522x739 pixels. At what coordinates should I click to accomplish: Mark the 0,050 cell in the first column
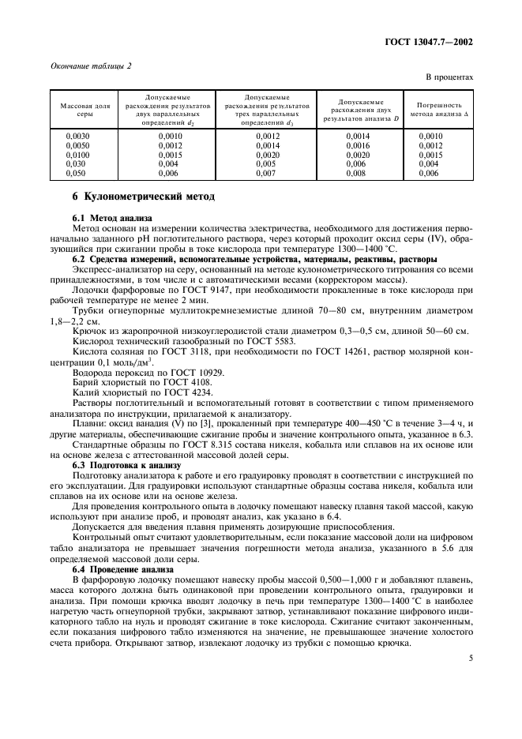click(x=75, y=171)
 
